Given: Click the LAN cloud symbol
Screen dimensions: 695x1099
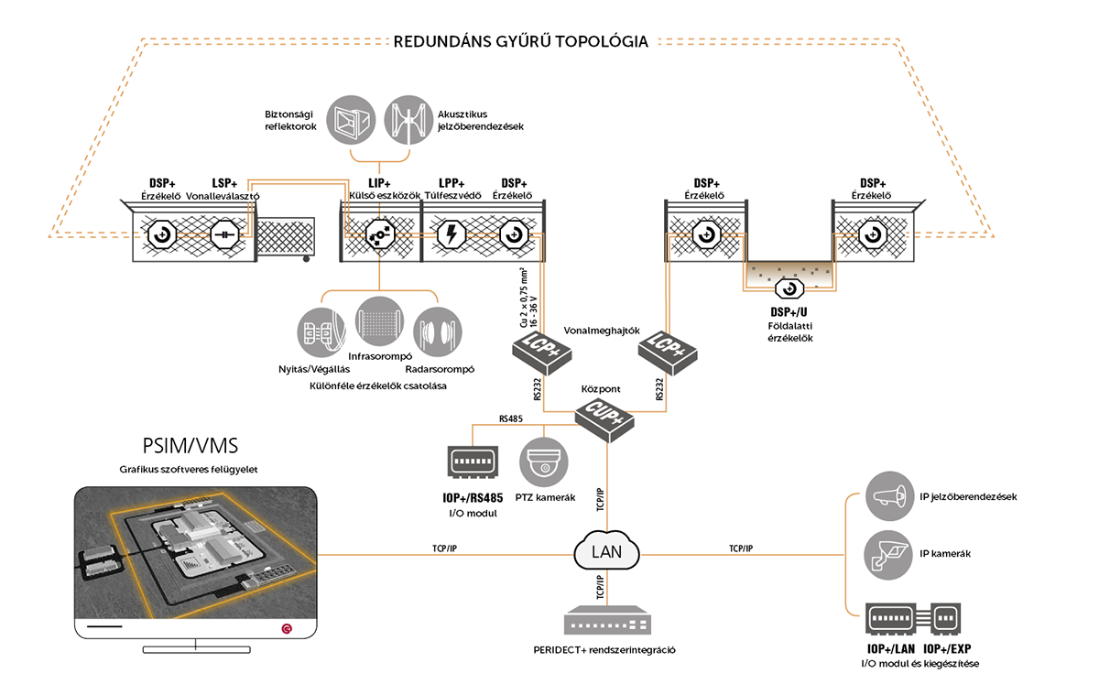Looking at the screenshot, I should pyautogui.click(x=606, y=551).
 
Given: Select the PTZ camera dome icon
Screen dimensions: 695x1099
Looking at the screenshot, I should pyautogui.click(x=546, y=461).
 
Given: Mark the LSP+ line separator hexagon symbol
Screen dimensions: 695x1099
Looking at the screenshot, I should pyautogui.click(x=224, y=234).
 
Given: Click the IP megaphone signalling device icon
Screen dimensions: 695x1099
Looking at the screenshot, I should pyautogui.click(x=888, y=496).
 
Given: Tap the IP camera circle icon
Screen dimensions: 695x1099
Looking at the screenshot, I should pyautogui.click(x=888, y=553).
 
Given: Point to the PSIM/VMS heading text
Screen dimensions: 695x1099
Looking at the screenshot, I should pyautogui.click(x=190, y=446).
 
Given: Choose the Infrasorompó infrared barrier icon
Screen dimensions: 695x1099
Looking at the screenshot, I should pyautogui.click(x=378, y=320).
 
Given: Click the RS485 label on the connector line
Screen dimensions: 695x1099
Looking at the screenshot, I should pyautogui.click(x=511, y=418).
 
